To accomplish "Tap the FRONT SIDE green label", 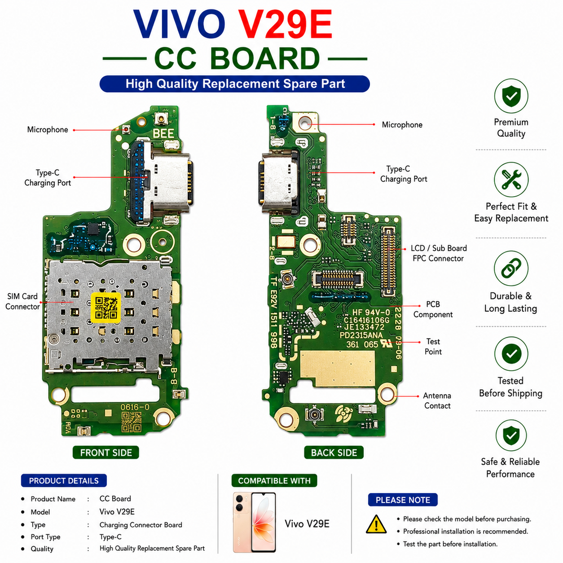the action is [106, 453].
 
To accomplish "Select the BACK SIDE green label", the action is [334, 453].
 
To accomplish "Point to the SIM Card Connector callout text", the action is [22, 302].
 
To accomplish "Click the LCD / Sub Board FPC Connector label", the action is [439, 253].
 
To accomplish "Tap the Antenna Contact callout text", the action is [437, 400].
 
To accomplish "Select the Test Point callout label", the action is [433, 347].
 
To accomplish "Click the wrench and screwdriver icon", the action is [511, 180].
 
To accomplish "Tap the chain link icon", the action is [511, 268].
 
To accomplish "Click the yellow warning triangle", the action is [376, 524].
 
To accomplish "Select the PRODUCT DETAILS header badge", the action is [64, 480].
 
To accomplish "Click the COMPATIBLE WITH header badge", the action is [274, 480].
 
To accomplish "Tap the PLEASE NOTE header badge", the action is [403, 500].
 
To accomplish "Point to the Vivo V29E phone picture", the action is [254, 523].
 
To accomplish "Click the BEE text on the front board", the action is [163, 133].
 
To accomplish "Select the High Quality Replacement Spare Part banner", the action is [235, 84].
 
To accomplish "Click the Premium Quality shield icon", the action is [511, 96].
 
